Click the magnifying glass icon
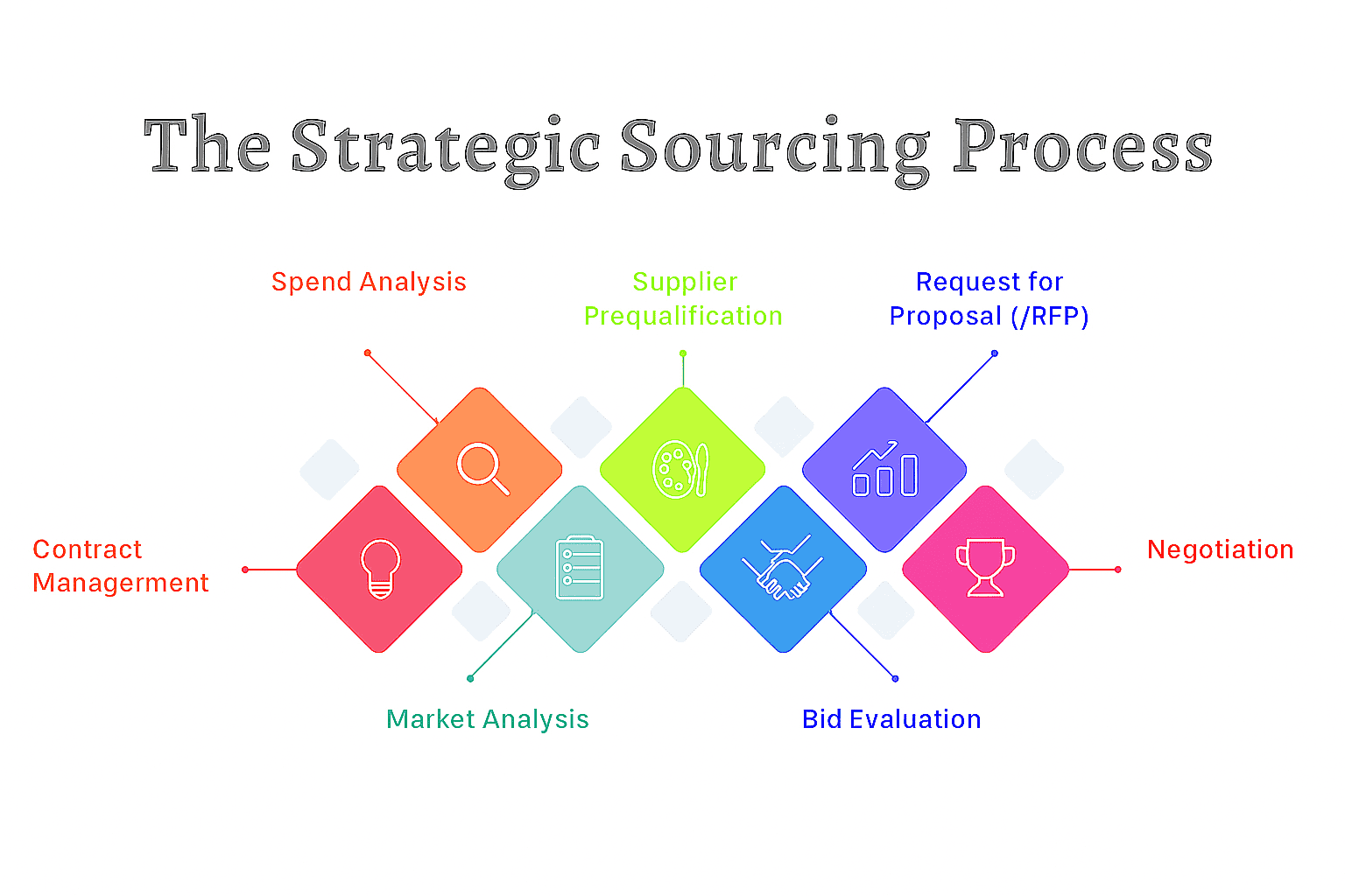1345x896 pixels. point(481,467)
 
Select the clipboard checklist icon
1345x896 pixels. point(580,568)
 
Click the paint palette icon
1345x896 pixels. point(680,470)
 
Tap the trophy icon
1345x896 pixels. point(985,568)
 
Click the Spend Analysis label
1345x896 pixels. point(369,282)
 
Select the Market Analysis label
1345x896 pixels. point(487,719)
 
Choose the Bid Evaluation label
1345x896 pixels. point(891,719)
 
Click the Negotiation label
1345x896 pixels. point(1220,549)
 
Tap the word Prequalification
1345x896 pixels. point(683,316)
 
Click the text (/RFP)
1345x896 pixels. point(1050,316)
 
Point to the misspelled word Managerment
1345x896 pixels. point(121,583)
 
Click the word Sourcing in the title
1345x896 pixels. point(774,148)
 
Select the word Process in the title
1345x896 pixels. point(1082,148)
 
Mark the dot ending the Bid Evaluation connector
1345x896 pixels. point(895,678)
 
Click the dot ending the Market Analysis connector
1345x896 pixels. point(470,678)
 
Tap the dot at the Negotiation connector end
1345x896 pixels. point(1118,570)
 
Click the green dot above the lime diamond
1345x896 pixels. point(683,353)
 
